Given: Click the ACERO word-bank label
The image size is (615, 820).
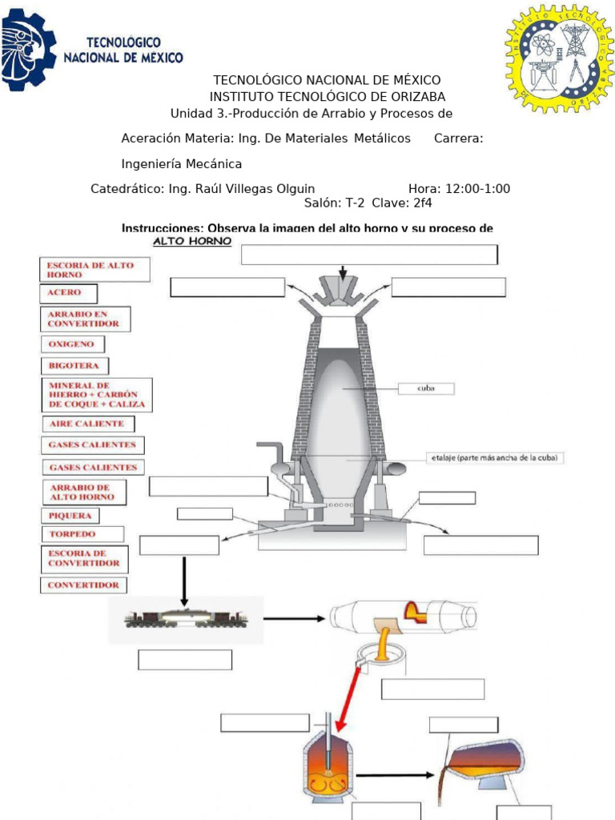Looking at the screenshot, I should click(69, 293).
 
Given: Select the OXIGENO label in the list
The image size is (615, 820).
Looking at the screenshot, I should click(72, 344).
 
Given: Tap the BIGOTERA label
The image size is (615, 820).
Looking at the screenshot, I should click(74, 366).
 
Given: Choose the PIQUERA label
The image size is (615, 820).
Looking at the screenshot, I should click(70, 515).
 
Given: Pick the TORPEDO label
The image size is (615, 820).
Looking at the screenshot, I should click(82, 534).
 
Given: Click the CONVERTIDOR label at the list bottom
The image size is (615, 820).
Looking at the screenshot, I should click(83, 585).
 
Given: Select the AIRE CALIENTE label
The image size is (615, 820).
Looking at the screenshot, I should click(86, 424).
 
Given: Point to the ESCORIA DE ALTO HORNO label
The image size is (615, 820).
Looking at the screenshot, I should click(94, 269).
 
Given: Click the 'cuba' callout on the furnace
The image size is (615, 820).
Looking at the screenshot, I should click(427, 388).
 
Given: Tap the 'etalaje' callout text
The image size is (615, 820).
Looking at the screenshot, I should click(494, 458).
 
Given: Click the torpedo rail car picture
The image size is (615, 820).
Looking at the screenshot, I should click(186, 618).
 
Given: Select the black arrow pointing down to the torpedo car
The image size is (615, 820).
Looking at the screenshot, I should click(184, 581).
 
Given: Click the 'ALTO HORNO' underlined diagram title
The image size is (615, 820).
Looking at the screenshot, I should click(192, 241).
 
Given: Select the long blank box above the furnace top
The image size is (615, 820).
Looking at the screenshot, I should click(369, 255).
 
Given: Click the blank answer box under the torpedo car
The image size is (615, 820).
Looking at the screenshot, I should click(185, 660).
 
